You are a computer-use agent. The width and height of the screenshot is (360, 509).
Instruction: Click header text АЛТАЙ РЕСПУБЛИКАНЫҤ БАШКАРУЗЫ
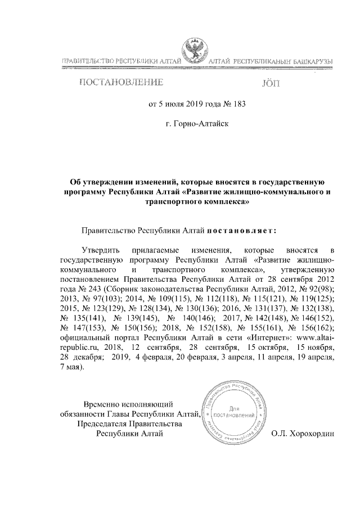[x=269, y=60]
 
